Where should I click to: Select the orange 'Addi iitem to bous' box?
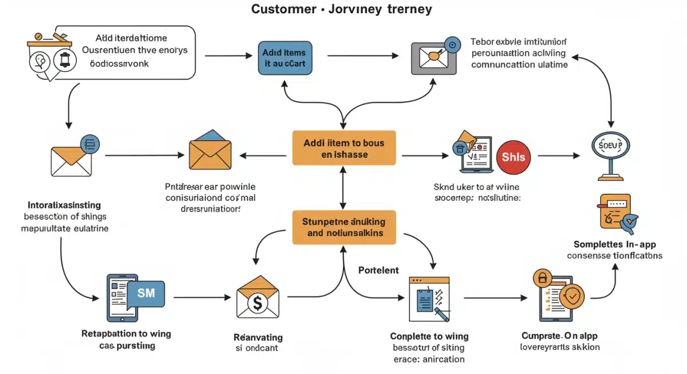pyautogui.click(x=343, y=148)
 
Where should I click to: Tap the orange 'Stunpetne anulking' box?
pyautogui.click(x=343, y=227)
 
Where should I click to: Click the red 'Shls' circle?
pyautogui.click(x=513, y=156)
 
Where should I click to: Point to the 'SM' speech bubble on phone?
pyautogui.click(x=146, y=293)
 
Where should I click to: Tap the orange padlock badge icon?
pyautogui.click(x=541, y=278)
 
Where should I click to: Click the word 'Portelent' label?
pyautogui.click(x=378, y=269)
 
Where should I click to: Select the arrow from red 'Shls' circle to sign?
pyautogui.click(x=560, y=156)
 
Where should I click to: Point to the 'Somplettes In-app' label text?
pyautogui.click(x=614, y=244)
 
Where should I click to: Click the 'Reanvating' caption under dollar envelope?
pyautogui.click(x=258, y=337)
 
